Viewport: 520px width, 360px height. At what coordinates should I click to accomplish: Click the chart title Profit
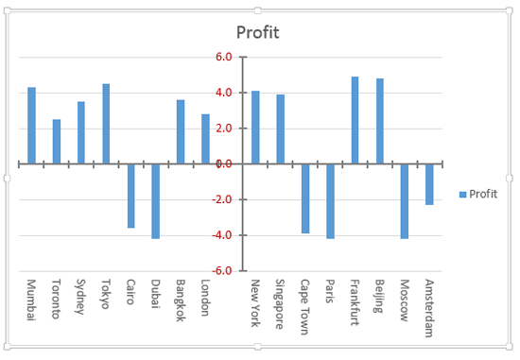click(258, 33)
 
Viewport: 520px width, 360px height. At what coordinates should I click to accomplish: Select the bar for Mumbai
click(31, 126)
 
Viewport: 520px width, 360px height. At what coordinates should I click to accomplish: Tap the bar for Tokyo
click(106, 124)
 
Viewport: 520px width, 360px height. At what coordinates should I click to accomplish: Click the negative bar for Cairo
click(131, 196)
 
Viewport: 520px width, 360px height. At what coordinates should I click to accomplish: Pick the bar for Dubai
click(156, 201)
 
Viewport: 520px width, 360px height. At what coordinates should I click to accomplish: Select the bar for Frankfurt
click(355, 120)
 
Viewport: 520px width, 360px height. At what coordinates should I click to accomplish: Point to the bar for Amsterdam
click(429, 184)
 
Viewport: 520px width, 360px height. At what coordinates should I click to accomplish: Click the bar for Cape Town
click(305, 198)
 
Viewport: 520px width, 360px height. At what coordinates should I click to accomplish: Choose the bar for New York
click(255, 128)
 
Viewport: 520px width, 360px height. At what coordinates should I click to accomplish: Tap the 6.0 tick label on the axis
click(224, 57)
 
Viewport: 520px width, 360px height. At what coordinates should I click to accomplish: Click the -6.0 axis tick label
click(222, 270)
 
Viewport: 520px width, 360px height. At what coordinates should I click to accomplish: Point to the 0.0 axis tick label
click(224, 163)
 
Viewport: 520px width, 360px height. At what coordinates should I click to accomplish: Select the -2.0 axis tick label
click(222, 199)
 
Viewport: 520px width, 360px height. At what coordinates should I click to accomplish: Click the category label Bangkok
click(181, 299)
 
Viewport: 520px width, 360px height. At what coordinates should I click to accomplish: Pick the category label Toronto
click(56, 298)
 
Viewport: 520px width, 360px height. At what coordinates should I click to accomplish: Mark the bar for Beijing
click(380, 121)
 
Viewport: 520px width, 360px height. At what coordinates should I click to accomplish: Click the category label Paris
click(330, 290)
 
